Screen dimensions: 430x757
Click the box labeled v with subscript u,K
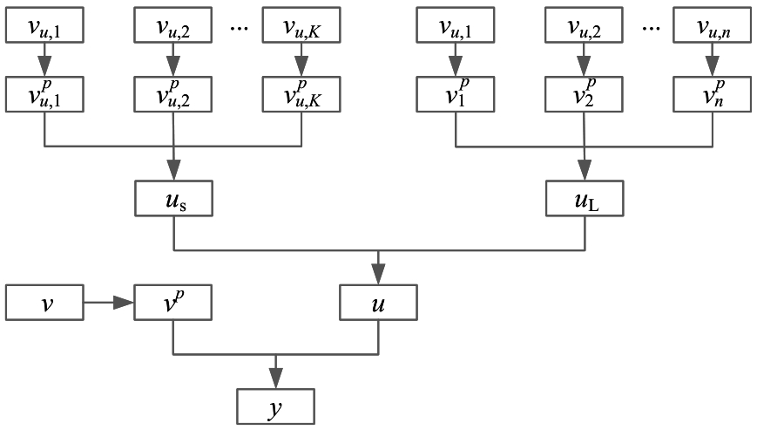coord(301,27)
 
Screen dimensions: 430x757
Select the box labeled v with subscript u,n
coord(712,27)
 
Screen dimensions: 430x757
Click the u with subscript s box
coord(172,199)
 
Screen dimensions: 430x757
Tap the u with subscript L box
coord(583,199)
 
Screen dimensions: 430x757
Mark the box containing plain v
coord(44,303)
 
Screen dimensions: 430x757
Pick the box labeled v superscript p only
coord(172,303)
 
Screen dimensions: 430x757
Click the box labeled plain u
coord(377,303)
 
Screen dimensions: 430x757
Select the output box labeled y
coord(275,406)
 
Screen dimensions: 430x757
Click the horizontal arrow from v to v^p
coord(108,303)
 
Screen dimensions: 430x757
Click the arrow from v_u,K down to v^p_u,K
coord(301,61)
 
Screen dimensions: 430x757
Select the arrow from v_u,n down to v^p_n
coord(712,61)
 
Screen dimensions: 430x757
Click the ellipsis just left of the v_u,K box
coord(240,28)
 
